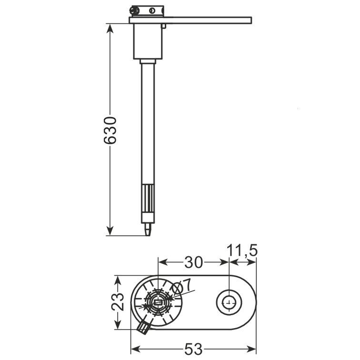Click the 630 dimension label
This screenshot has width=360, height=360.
pos(110,130)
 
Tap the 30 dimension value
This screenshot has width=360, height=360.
pos(193,262)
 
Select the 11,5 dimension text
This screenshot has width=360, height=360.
pos(242,250)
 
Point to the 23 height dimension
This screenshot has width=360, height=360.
pos(118,302)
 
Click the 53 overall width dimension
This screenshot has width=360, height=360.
pos(193,349)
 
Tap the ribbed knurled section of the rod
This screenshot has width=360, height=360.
pos(148,199)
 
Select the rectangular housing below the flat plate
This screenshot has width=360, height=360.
pos(148,41)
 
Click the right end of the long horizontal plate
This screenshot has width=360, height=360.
pos(251,20)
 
